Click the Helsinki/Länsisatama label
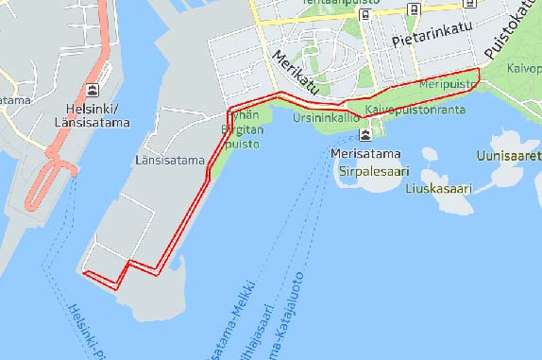[x=92, y=113]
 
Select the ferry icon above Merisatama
[x=364, y=135]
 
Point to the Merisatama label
[x=365, y=153]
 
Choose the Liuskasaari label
[x=437, y=188]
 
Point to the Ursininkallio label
[x=326, y=119]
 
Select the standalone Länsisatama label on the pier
[x=170, y=160]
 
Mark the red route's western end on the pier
[x=86, y=274]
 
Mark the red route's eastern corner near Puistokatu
[x=479, y=70]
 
